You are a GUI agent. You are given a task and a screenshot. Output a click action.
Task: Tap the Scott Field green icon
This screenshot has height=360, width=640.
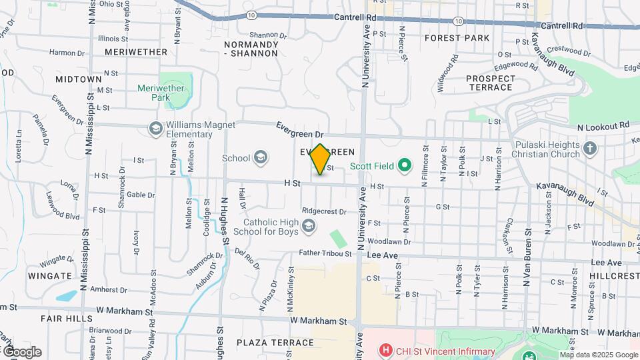[404, 165]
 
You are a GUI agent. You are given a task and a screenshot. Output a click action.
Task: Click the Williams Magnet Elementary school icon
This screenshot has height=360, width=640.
[156, 128]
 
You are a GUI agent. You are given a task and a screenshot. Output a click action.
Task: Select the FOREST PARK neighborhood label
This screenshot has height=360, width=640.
[457, 38]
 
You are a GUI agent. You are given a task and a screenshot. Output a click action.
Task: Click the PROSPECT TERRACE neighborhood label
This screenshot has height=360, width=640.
[490, 83]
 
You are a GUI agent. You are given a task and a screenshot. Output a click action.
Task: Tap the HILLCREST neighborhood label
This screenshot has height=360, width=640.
[613, 275]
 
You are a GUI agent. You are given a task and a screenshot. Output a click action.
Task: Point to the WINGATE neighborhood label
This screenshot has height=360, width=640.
[50, 275]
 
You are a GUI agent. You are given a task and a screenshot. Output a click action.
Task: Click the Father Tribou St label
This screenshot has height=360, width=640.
[325, 253]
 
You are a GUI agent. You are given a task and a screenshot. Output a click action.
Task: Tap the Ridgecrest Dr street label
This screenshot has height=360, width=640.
[324, 211]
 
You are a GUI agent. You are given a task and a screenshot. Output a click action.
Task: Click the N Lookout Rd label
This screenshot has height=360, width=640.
[603, 125]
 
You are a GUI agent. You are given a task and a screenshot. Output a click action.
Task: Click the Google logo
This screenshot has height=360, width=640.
[22, 352]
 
